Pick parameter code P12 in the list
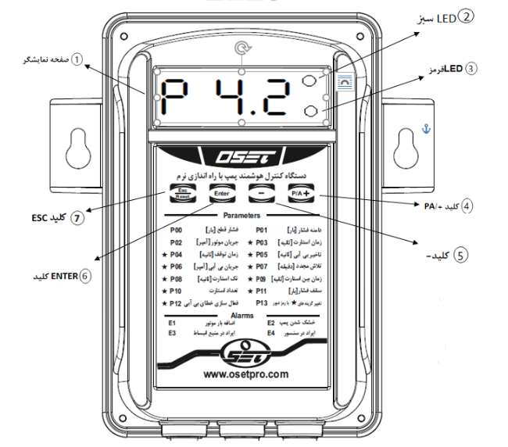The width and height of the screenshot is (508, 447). click(x=175, y=302)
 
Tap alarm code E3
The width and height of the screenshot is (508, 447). click(x=172, y=333)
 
